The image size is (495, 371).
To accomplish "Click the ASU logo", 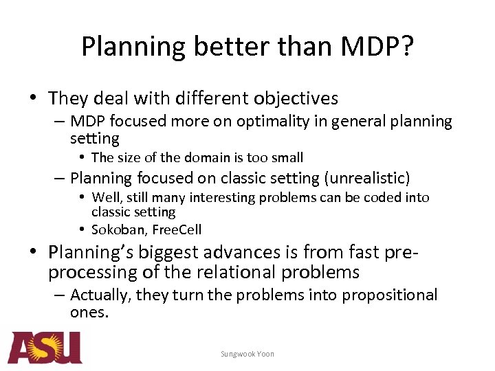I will [45, 348].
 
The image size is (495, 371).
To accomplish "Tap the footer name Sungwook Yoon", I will [247, 354].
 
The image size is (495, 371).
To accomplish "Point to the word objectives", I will [298, 99].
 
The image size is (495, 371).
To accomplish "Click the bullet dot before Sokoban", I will [82, 229].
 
